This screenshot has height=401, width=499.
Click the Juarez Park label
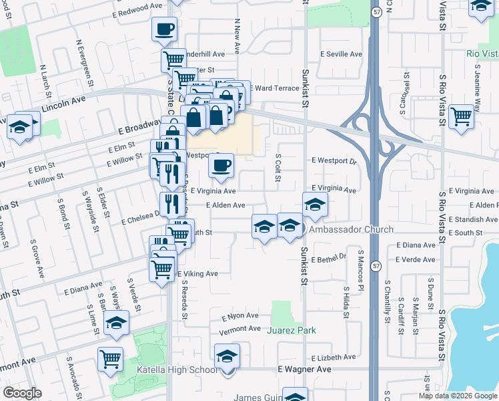click(291, 330)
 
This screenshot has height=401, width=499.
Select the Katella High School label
click(176, 370)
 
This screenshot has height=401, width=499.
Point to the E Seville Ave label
click(341, 54)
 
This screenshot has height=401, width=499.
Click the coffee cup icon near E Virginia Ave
click(221, 165)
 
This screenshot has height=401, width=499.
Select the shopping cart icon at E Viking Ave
click(162, 270)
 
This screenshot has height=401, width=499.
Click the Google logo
click(23, 393)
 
